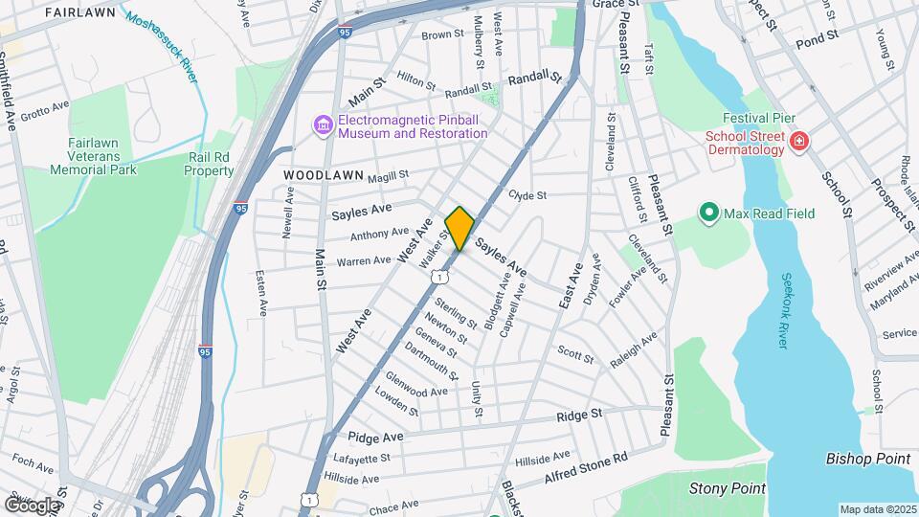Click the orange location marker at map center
click(x=459, y=228)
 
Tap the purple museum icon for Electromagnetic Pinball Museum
click(x=323, y=125)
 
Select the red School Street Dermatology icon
click(x=799, y=144)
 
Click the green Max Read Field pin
click(x=709, y=213)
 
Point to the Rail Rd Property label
click(x=210, y=164)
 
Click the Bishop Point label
click(x=867, y=459)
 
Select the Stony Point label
click(x=728, y=488)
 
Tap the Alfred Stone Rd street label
click(x=585, y=465)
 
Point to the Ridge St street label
click(x=580, y=415)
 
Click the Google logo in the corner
click(x=31, y=505)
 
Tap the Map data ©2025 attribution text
click(x=877, y=509)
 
